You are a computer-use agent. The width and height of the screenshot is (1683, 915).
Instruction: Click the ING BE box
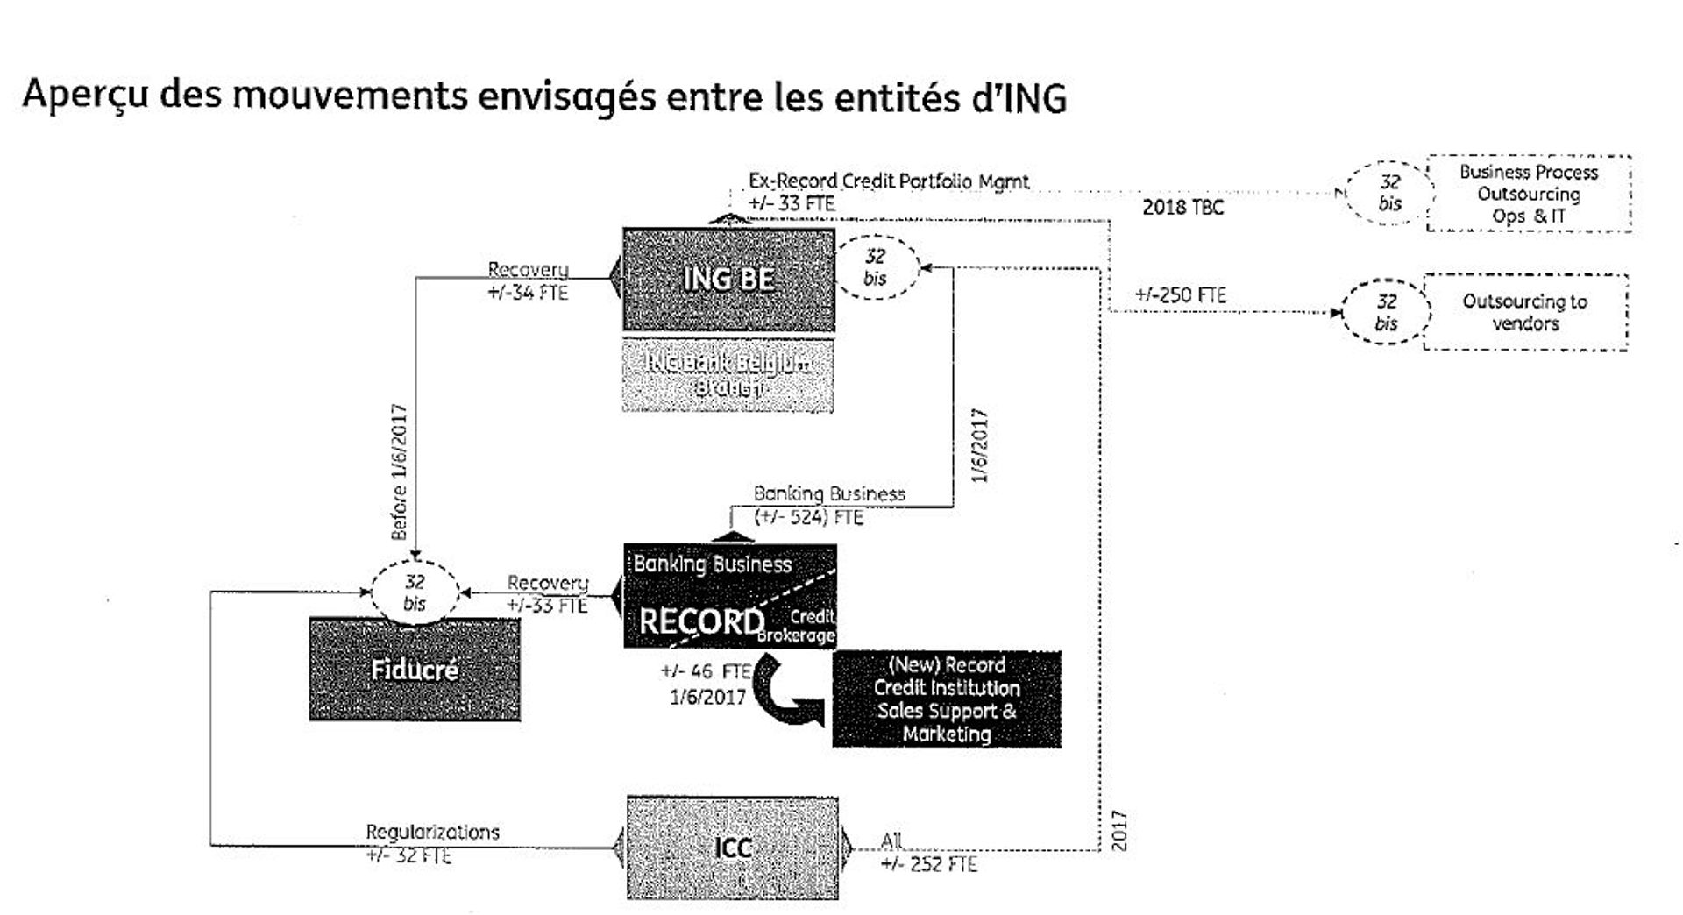click(728, 280)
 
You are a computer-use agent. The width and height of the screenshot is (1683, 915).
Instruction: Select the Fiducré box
click(415, 670)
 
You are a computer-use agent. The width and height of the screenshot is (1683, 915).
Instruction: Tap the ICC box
click(733, 848)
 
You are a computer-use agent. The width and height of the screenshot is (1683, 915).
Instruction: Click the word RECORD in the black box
click(701, 621)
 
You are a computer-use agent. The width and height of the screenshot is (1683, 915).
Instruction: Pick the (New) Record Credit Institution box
click(947, 699)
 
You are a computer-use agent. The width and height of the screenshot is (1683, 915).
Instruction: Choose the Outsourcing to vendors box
click(1525, 312)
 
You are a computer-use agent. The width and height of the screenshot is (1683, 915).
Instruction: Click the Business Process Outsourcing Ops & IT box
click(1529, 194)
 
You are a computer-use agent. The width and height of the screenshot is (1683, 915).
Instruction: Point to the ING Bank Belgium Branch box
click(728, 375)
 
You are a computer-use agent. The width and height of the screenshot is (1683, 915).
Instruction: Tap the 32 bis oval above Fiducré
click(415, 592)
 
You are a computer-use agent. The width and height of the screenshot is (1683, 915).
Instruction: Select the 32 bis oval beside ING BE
click(875, 267)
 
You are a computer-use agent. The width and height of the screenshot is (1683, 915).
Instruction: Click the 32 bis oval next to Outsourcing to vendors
click(1386, 312)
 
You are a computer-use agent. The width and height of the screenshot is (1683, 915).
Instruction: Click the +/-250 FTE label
click(1181, 295)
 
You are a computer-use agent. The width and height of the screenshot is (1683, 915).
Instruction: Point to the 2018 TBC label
click(1182, 208)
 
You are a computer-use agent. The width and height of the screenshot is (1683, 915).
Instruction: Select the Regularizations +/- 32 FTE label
click(431, 843)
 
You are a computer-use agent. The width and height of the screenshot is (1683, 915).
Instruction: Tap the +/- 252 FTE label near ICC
click(929, 864)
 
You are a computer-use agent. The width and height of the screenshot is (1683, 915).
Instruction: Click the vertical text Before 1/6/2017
click(400, 472)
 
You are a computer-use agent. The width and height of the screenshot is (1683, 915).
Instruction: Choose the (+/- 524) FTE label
click(808, 517)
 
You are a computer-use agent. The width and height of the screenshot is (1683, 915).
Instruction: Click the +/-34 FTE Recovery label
click(528, 292)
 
